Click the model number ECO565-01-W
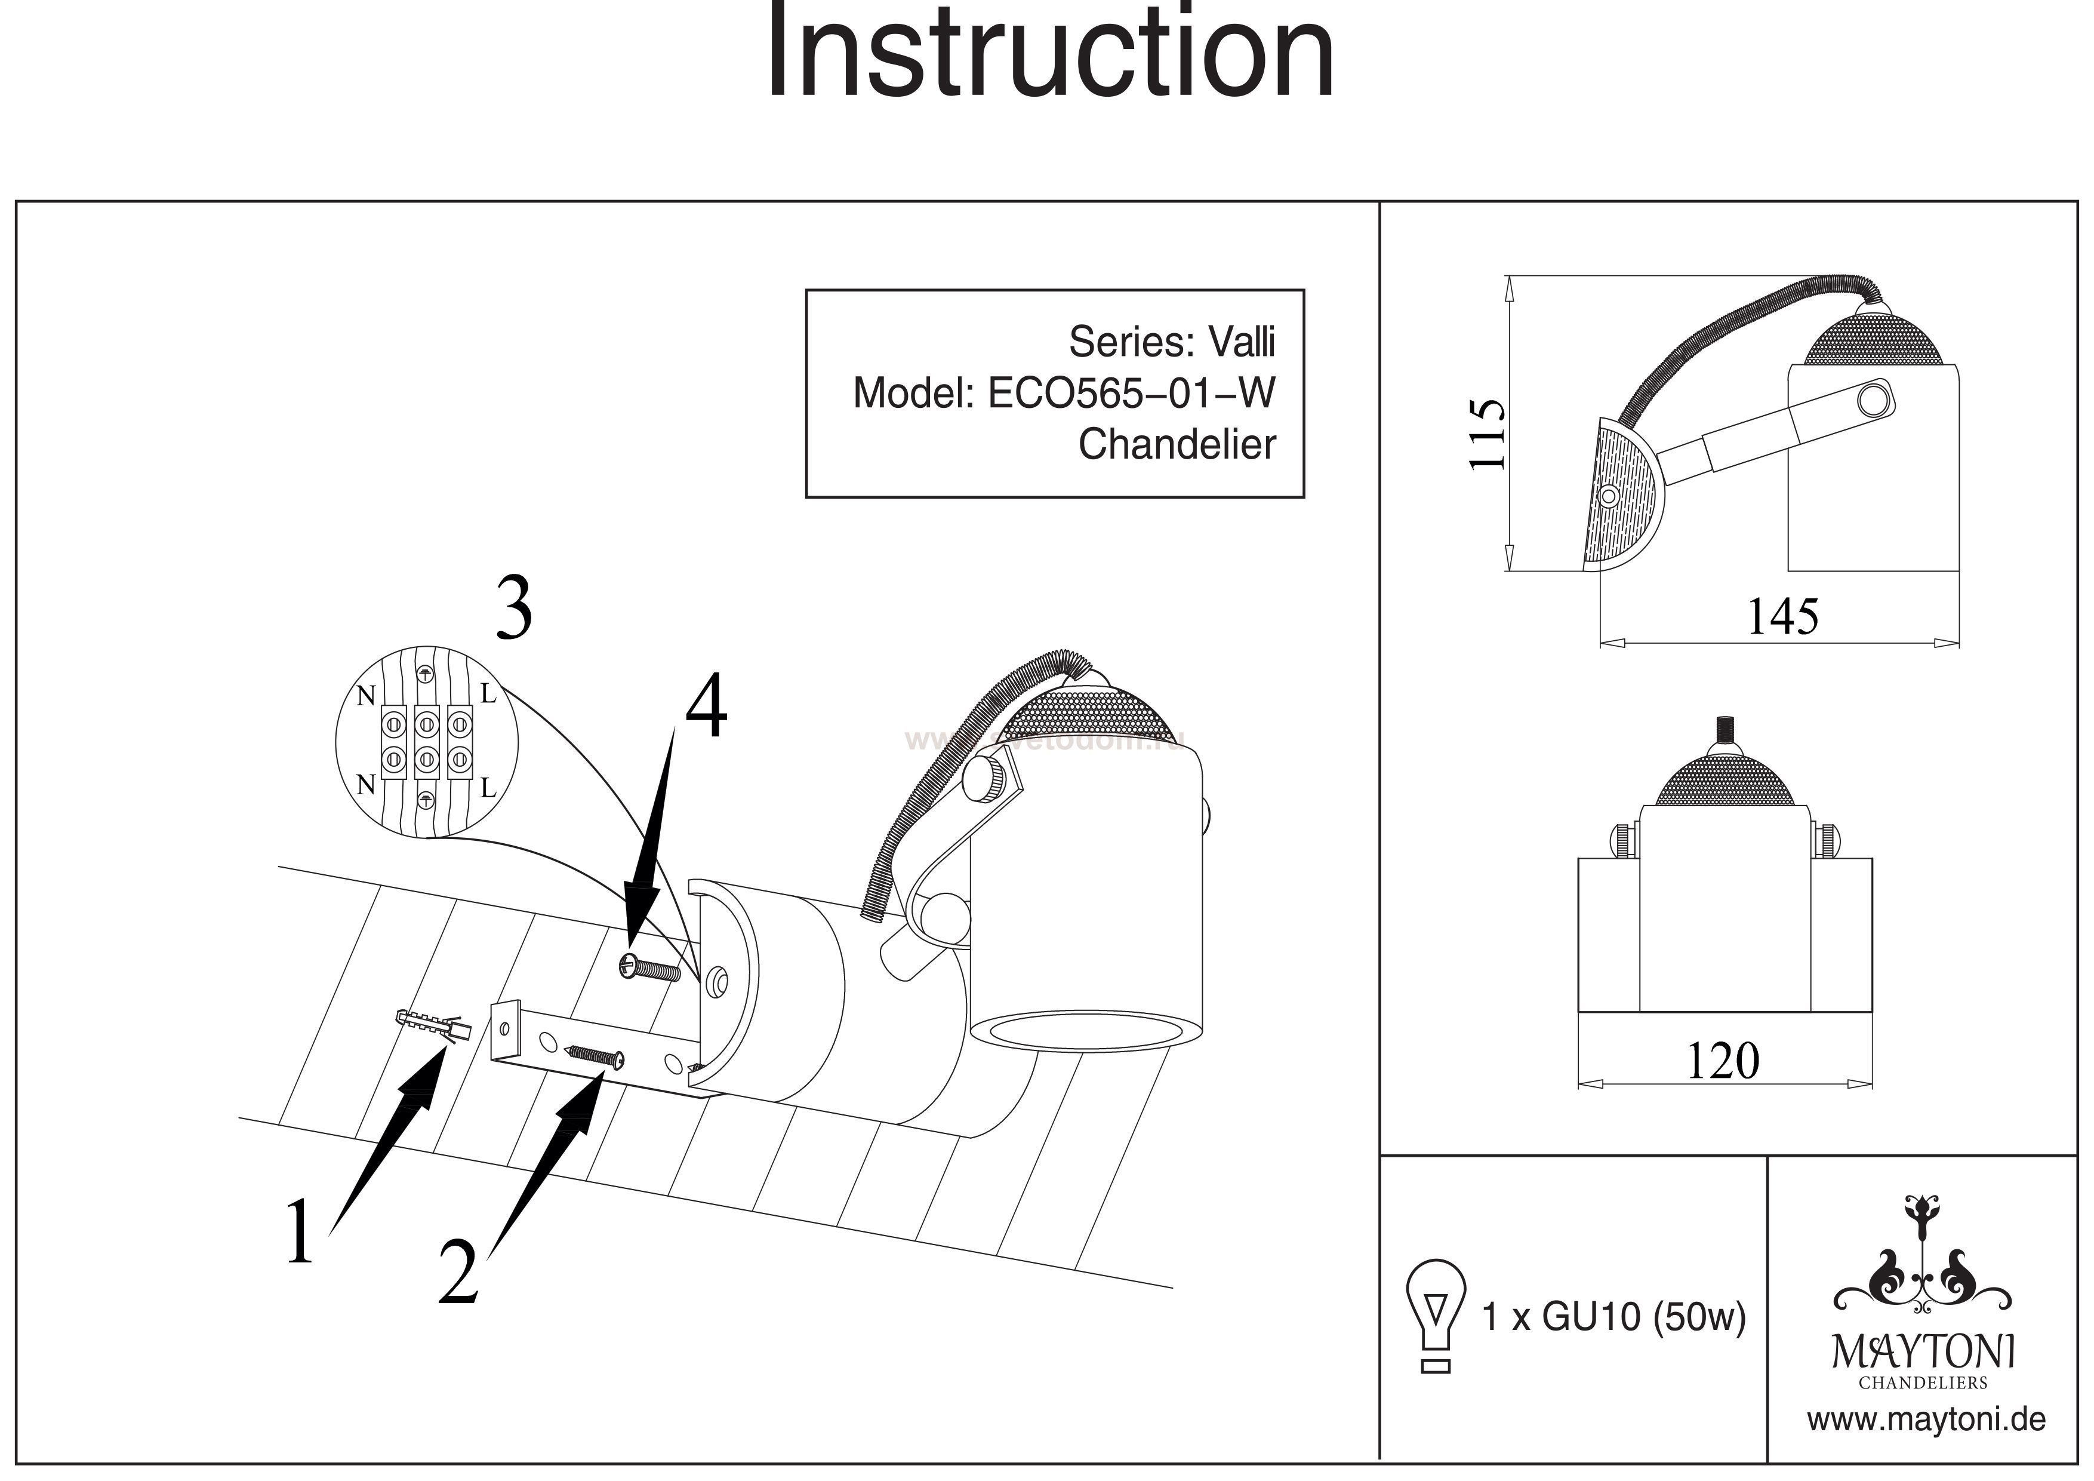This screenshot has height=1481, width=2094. pos(1132,394)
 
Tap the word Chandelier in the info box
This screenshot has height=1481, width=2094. pos(1177,445)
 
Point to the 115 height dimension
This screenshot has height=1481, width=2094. pos(1486,434)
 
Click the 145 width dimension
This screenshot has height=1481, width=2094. pos(1782,617)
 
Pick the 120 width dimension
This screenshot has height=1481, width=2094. pos(1723,1061)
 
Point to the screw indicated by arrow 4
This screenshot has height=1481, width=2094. pos(649,967)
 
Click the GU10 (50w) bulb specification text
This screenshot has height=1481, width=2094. pos(1614,1317)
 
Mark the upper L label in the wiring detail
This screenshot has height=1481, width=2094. pos(488,695)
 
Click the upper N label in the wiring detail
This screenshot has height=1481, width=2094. pos(366,696)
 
